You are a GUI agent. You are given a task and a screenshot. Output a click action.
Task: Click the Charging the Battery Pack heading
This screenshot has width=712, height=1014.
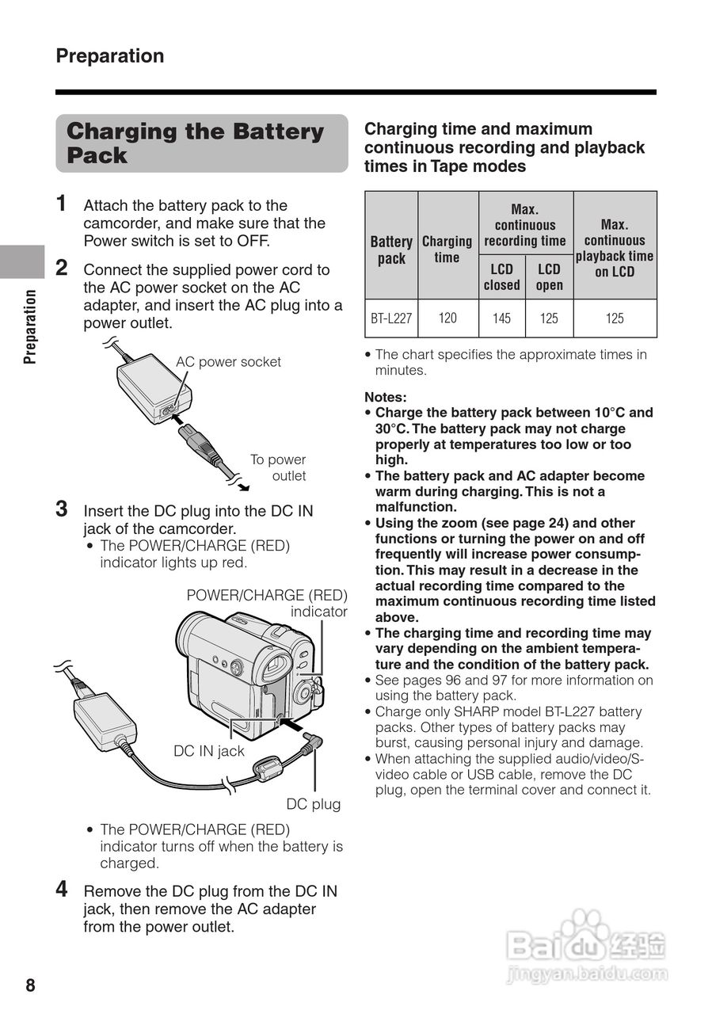point(195,143)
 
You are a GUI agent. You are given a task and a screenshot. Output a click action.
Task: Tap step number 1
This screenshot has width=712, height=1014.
point(62,204)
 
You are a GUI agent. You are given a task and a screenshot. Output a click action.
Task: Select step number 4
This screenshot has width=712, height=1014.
point(62,889)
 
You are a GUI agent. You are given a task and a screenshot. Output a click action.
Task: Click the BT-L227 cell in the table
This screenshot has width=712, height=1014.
point(391,318)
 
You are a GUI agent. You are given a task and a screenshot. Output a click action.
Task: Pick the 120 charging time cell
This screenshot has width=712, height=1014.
point(447,318)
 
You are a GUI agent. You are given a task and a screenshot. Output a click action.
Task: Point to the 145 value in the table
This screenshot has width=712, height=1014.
point(501,318)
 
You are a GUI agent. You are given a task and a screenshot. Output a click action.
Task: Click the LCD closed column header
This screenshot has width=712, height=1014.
point(501,277)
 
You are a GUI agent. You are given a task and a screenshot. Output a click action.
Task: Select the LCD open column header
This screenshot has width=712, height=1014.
point(549,277)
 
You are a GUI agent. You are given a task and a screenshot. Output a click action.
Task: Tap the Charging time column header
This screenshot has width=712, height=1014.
point(447,249)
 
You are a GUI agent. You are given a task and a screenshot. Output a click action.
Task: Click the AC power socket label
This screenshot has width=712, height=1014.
point(228,362)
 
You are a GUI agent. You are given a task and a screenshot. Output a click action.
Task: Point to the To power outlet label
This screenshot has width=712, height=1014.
point(279,467)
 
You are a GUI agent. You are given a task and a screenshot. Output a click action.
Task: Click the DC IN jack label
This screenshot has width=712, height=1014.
point(209,751)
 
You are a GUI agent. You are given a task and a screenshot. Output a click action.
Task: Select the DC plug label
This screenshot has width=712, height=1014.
point(314,804)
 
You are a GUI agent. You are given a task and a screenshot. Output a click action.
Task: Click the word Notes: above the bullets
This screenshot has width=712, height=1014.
point(385,397)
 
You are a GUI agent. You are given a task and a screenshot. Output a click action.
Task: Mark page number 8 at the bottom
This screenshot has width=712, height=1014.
point(30,985)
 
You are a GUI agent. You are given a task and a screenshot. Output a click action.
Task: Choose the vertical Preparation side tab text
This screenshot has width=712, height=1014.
point(30,326)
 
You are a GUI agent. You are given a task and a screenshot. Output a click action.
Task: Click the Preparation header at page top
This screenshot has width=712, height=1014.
point(110,56)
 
